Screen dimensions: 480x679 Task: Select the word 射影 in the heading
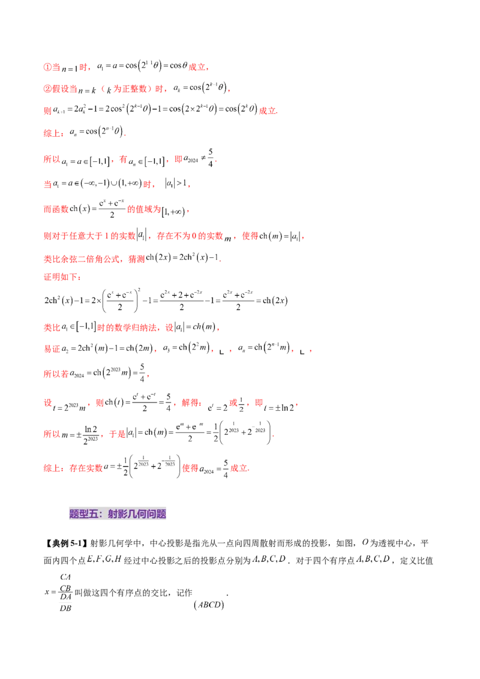116,514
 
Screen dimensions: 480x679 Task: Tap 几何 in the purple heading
136,514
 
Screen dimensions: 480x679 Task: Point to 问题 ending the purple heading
157,514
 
